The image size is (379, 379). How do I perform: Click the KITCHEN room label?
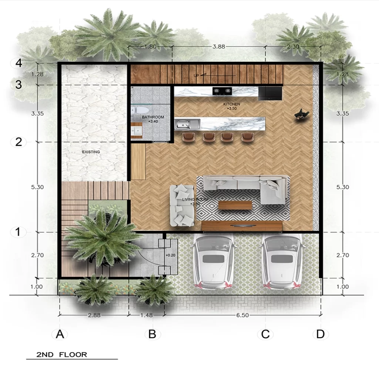(x=232, y=104)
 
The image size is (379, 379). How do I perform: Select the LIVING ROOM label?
(x=195, y=199)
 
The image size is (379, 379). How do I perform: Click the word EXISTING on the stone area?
(x=91, y=152)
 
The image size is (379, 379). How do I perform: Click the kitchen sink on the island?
(x=187, y=124)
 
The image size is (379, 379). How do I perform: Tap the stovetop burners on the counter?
(x=222, y=90)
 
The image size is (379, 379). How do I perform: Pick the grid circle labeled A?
(x=60, y=334)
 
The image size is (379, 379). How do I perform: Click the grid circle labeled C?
(x=265, y=334)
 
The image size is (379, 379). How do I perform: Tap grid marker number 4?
(x=19, y=63)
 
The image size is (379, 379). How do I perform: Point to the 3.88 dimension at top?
(x=218, y=47)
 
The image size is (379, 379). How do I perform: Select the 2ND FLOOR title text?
(x=61, y=355)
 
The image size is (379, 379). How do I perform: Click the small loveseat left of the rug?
(x=182, y=205)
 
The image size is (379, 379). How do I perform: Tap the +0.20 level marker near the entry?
(x=170, y=255)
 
